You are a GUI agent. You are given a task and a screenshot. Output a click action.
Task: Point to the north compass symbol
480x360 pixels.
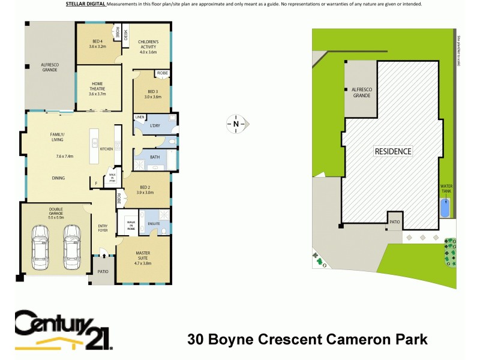(236, 125)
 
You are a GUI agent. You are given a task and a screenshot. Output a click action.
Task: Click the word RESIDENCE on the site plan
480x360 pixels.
(394, 151)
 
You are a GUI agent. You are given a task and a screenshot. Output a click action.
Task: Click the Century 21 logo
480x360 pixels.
(63, 330)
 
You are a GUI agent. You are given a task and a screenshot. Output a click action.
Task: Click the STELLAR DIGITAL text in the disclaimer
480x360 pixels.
(85, 4)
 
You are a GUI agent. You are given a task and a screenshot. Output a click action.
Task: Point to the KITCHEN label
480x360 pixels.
(106, 149)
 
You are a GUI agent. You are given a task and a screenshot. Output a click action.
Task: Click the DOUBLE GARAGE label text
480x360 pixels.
(60, 211)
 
